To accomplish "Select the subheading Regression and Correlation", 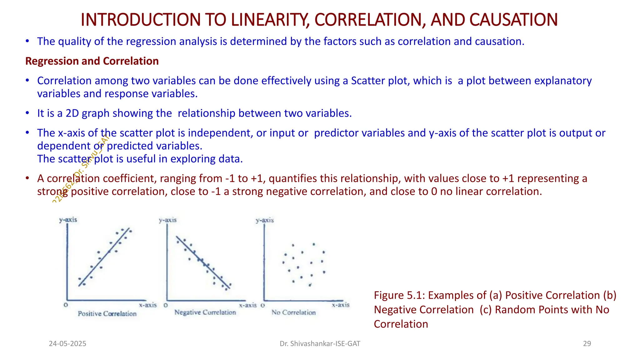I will point(92,61).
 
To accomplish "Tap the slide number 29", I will point(587,344).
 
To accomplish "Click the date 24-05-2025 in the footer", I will point(67,344).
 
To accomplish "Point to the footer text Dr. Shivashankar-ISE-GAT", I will point(320,344).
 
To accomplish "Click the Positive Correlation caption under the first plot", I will point(107,314).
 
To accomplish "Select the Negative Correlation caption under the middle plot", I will point(205,312).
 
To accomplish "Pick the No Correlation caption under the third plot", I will point(293,312).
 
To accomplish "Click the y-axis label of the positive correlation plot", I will point(68,220).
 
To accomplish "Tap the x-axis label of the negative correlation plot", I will point(248,305).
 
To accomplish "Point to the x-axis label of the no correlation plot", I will point(341,305).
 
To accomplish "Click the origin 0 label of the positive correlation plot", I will point(66,305).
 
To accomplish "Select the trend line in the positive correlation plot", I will point(103,257).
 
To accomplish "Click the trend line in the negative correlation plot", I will point(203,262).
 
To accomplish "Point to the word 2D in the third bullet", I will point(72,113).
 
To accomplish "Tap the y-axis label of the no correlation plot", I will point(265,220).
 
